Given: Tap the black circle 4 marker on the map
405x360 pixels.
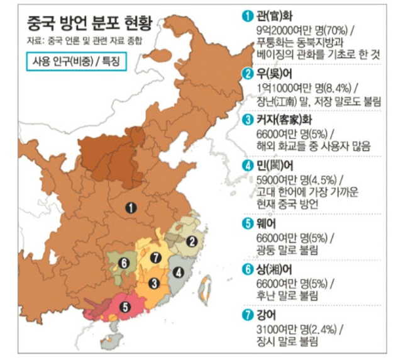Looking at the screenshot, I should point(179,273).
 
